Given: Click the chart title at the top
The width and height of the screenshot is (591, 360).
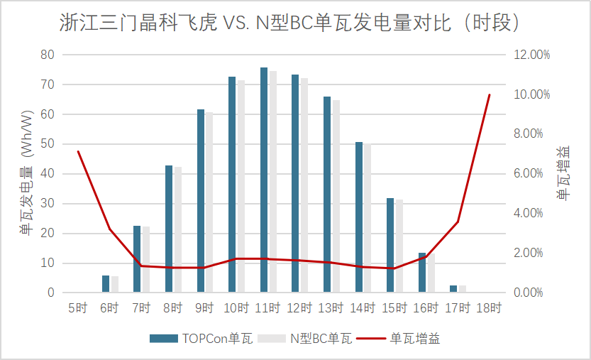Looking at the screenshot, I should (295, 23).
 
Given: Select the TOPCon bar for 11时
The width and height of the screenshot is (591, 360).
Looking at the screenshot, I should (264, 180).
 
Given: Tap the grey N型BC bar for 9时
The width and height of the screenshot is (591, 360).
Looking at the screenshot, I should (209, 202).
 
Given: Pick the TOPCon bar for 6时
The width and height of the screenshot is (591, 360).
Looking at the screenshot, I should (106, 284).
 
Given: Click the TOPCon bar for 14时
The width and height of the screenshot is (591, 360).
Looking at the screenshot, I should (359, 217).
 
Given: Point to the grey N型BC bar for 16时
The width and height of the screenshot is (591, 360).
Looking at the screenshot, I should (431, 273).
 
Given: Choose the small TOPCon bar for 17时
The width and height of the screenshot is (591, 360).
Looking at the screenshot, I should (453, 289).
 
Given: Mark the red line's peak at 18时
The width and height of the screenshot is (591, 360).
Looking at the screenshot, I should (490, 95).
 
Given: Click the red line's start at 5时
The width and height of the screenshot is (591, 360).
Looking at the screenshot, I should (78, 151).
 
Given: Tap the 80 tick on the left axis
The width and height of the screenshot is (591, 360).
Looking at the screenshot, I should (48, 55).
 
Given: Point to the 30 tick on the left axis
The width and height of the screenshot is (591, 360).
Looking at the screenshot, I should (48, 204).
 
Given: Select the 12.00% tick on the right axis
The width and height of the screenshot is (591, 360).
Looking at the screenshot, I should (531, 55).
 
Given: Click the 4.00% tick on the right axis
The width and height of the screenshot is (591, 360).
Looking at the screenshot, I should (531, 213).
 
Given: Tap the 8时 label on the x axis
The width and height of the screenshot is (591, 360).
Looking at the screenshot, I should (173, 308).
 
